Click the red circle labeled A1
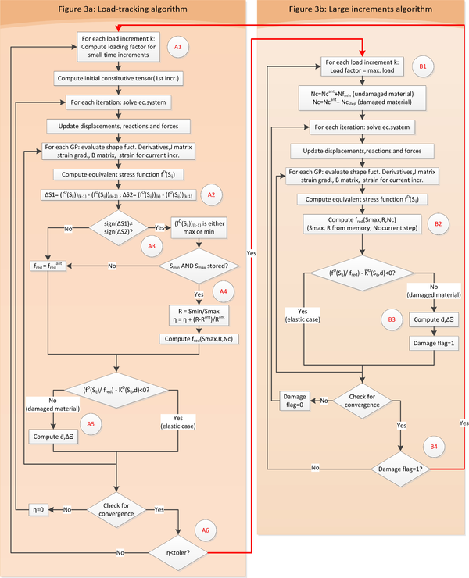(178, 48)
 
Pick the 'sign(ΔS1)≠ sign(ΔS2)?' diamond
(116, 229)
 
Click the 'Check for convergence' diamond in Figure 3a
(116, 508)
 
